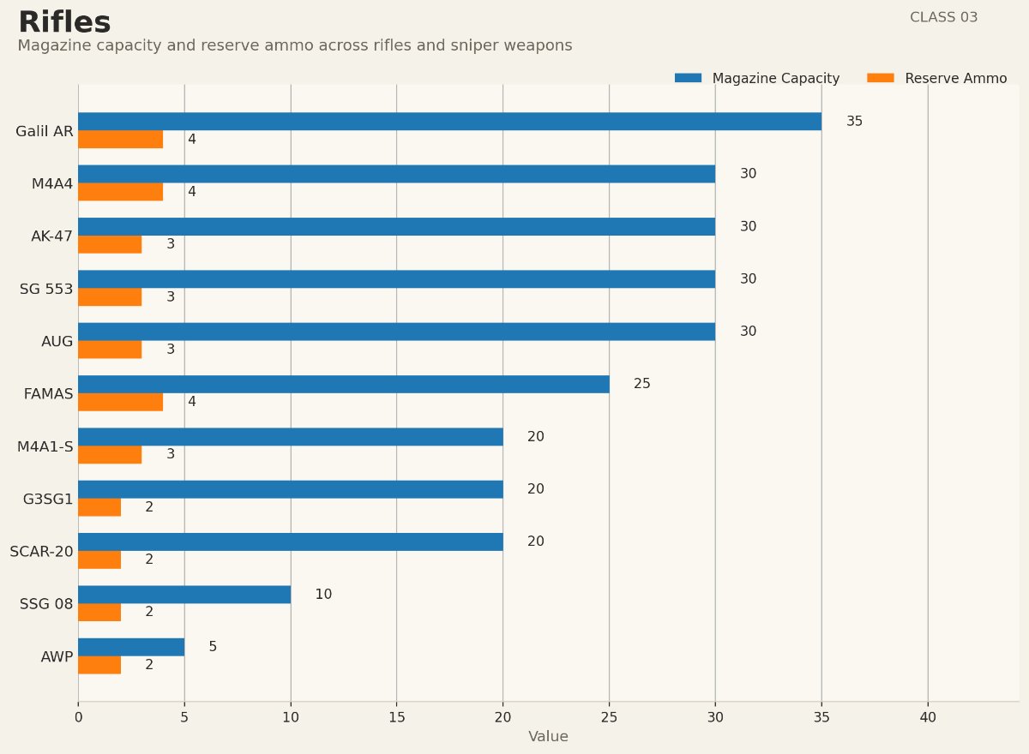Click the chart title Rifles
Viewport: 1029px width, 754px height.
pyautogui.click(x=64, y=23)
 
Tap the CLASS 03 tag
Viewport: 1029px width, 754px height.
pyautogui.click(x=943, y=17)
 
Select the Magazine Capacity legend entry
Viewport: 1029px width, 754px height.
pyautogui.click(x=757, y=78)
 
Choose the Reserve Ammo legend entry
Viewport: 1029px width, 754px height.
pyautogui.click(x=937, y=78)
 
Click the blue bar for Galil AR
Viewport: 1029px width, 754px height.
pyautogui.click(x=449, y=122)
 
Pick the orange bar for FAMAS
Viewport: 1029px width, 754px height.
pyautogui.click(x=120, y=402)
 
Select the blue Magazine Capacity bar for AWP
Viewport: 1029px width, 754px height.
pyautogui.click(x=131, y=647)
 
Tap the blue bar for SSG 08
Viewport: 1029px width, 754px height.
pyautogui.click(x=184, y=595)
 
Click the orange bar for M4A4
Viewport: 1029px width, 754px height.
pyautogui.click(x=120, y=192)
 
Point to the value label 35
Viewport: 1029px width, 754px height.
pyautogui.click(x=854, y=122)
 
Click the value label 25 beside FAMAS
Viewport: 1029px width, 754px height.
pyautogui.click(x=641, y=384)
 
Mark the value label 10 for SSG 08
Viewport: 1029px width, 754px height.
pyautogui.click(x=323, y=595)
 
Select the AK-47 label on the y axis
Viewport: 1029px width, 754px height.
pyautogui.click(x=51, y=236)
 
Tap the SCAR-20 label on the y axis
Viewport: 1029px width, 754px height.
pyautogui.click(x=41, y=552)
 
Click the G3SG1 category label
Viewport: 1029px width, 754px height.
pyautogui.click(x=48, y=500)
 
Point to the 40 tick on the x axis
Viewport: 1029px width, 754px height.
pyautogui.click(x=928, y=717)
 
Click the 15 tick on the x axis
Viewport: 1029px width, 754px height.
pyautogui.click(x=396, y=717)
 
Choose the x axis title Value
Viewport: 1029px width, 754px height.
pyautogui.click(x=548, y=737)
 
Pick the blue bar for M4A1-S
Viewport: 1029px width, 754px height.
pyautogui.click(x=290, y=437)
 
